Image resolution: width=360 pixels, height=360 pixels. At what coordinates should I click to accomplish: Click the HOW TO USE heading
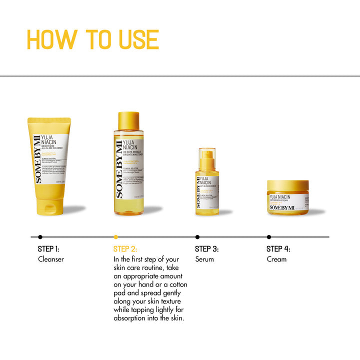coord(92,40)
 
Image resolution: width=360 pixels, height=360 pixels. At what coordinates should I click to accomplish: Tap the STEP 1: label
coord(48,248)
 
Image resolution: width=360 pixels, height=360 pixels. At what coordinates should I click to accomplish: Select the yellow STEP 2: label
coord(125,248)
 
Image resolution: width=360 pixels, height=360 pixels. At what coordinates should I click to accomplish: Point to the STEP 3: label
coord(206,248)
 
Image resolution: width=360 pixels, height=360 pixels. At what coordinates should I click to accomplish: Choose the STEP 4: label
coord(278,248)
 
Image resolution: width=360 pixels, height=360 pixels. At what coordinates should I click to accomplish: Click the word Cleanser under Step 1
coord(51,259)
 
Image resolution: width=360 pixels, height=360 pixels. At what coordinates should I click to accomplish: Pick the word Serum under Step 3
coord(204,259)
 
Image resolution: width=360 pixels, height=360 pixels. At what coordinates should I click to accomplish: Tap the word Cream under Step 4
coord(276,259)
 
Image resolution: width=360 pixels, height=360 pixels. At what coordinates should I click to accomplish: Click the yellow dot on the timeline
coord(116,236)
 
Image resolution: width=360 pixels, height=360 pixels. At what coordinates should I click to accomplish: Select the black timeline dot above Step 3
coord(197,236)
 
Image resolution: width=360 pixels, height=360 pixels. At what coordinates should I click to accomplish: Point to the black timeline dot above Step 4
coord(269,236)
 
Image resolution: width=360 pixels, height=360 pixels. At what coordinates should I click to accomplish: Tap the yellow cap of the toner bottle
coord(128,120)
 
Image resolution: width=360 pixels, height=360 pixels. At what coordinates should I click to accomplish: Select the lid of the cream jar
coord(287,187)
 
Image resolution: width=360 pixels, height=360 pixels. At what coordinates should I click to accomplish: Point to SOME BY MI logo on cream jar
coord(281,207)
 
